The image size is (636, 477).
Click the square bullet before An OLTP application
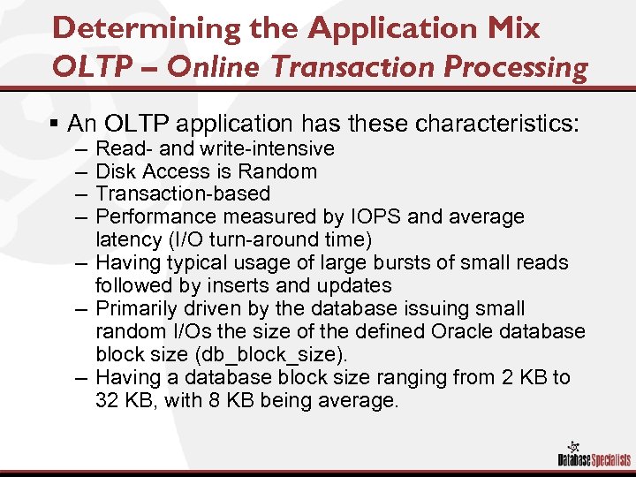pyautogui.click(x=57, y=123)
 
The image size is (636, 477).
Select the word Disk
pyautogui.click(x=115, y=170)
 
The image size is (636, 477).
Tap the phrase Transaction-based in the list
pyautogui.click(x=183, y=193)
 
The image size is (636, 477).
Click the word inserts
pyautogui.click(x=235, y=285)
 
